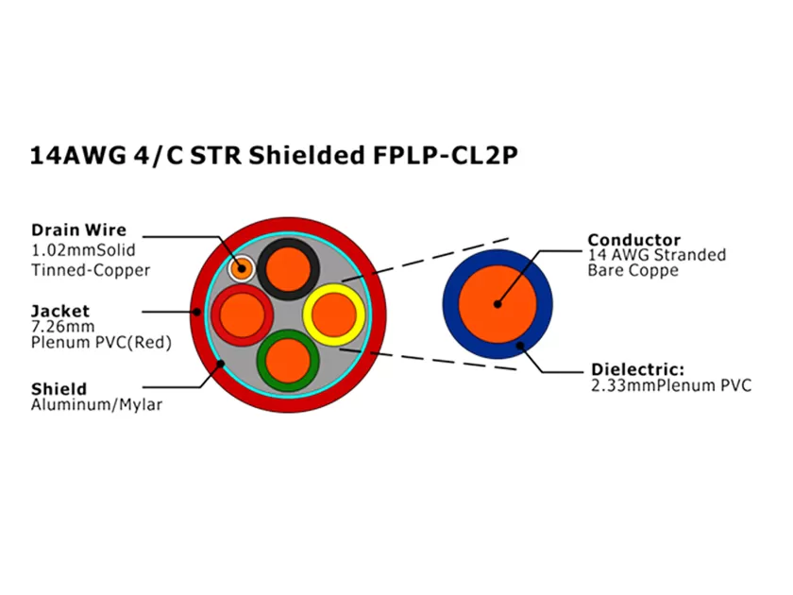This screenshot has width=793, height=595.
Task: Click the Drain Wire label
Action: (77, 229)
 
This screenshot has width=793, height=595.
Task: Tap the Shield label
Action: (59, 388)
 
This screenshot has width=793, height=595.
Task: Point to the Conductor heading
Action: (633, 239)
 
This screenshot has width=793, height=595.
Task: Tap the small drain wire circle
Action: (242, 267)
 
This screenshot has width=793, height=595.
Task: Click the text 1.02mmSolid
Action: (83, 250)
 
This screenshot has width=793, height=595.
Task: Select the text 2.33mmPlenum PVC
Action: (670, 385)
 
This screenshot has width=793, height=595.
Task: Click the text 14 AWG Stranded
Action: (656, 255)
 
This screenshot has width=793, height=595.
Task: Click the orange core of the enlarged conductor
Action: (498, 302)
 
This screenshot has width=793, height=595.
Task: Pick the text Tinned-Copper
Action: (91, 269)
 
